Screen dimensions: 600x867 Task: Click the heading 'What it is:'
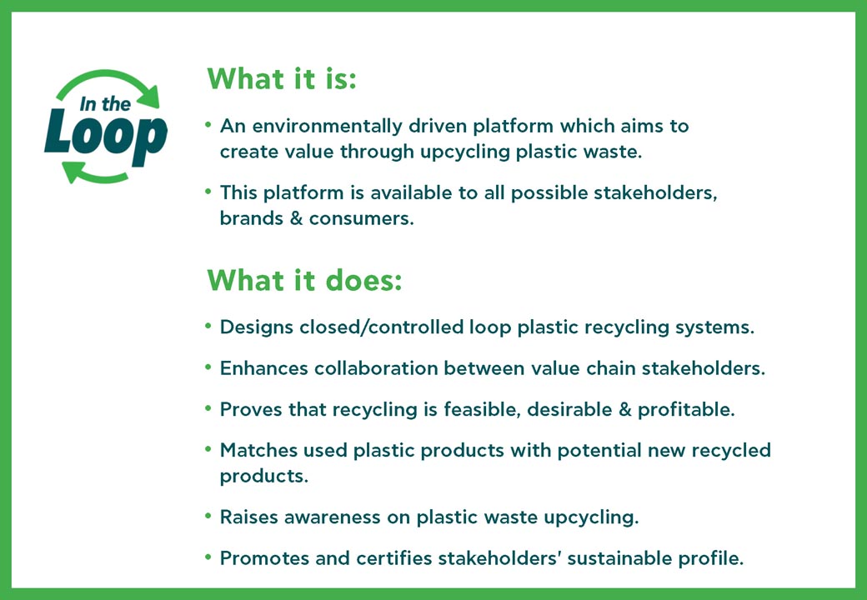click(281, 79)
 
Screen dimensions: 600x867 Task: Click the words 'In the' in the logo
click(105, 105)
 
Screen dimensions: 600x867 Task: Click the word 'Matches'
click(256, 450)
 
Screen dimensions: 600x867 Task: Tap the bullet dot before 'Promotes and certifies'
click(208, 557)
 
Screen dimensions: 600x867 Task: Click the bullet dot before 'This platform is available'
click(208, 192)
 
